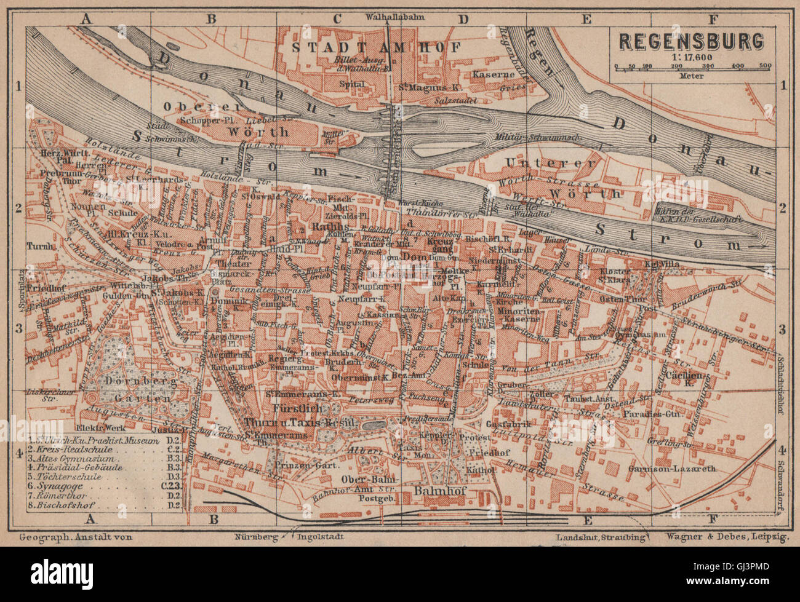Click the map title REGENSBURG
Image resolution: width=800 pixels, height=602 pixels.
(690, 41)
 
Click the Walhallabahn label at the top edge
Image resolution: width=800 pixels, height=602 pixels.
(387, 17)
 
